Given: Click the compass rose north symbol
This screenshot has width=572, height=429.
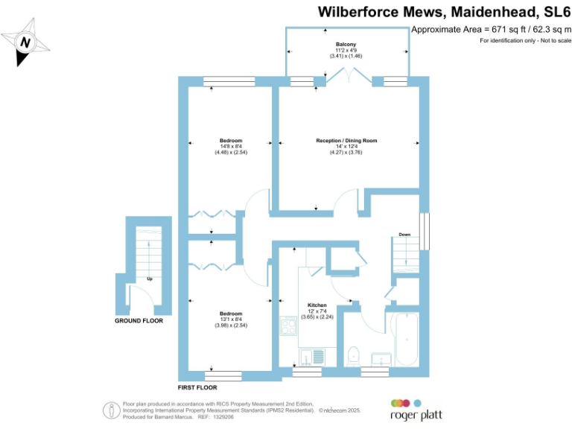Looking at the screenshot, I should coord(26,42).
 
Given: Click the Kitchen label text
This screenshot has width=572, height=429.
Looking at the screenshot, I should coord(317,305).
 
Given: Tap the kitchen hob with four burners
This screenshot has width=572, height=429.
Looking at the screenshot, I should coord(288,326).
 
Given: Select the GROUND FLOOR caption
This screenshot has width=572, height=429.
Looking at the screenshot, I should coord(139,321).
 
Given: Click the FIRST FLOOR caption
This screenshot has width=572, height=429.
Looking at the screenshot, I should coord(197,388).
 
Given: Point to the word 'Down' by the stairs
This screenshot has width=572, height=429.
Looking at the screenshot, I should coord(404,235).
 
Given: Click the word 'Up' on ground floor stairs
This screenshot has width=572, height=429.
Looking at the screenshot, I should coord(149,279).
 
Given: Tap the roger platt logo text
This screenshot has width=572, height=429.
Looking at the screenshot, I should coord(411,416).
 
